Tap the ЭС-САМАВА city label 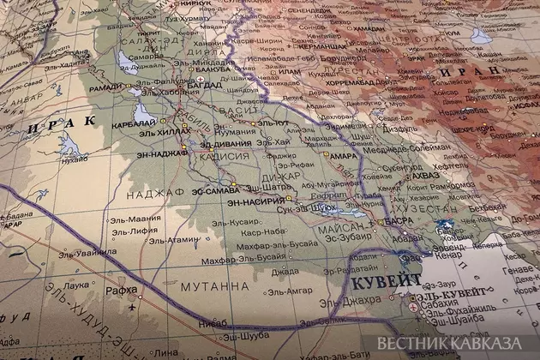(x=215, y=189)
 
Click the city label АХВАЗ (x=429, y=174)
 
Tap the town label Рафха (x=123, y=289)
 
